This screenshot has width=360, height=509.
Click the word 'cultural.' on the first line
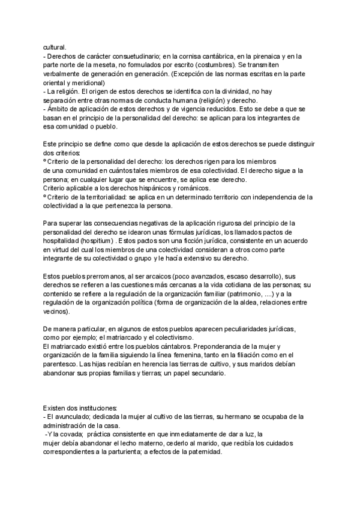click(55, 48)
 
